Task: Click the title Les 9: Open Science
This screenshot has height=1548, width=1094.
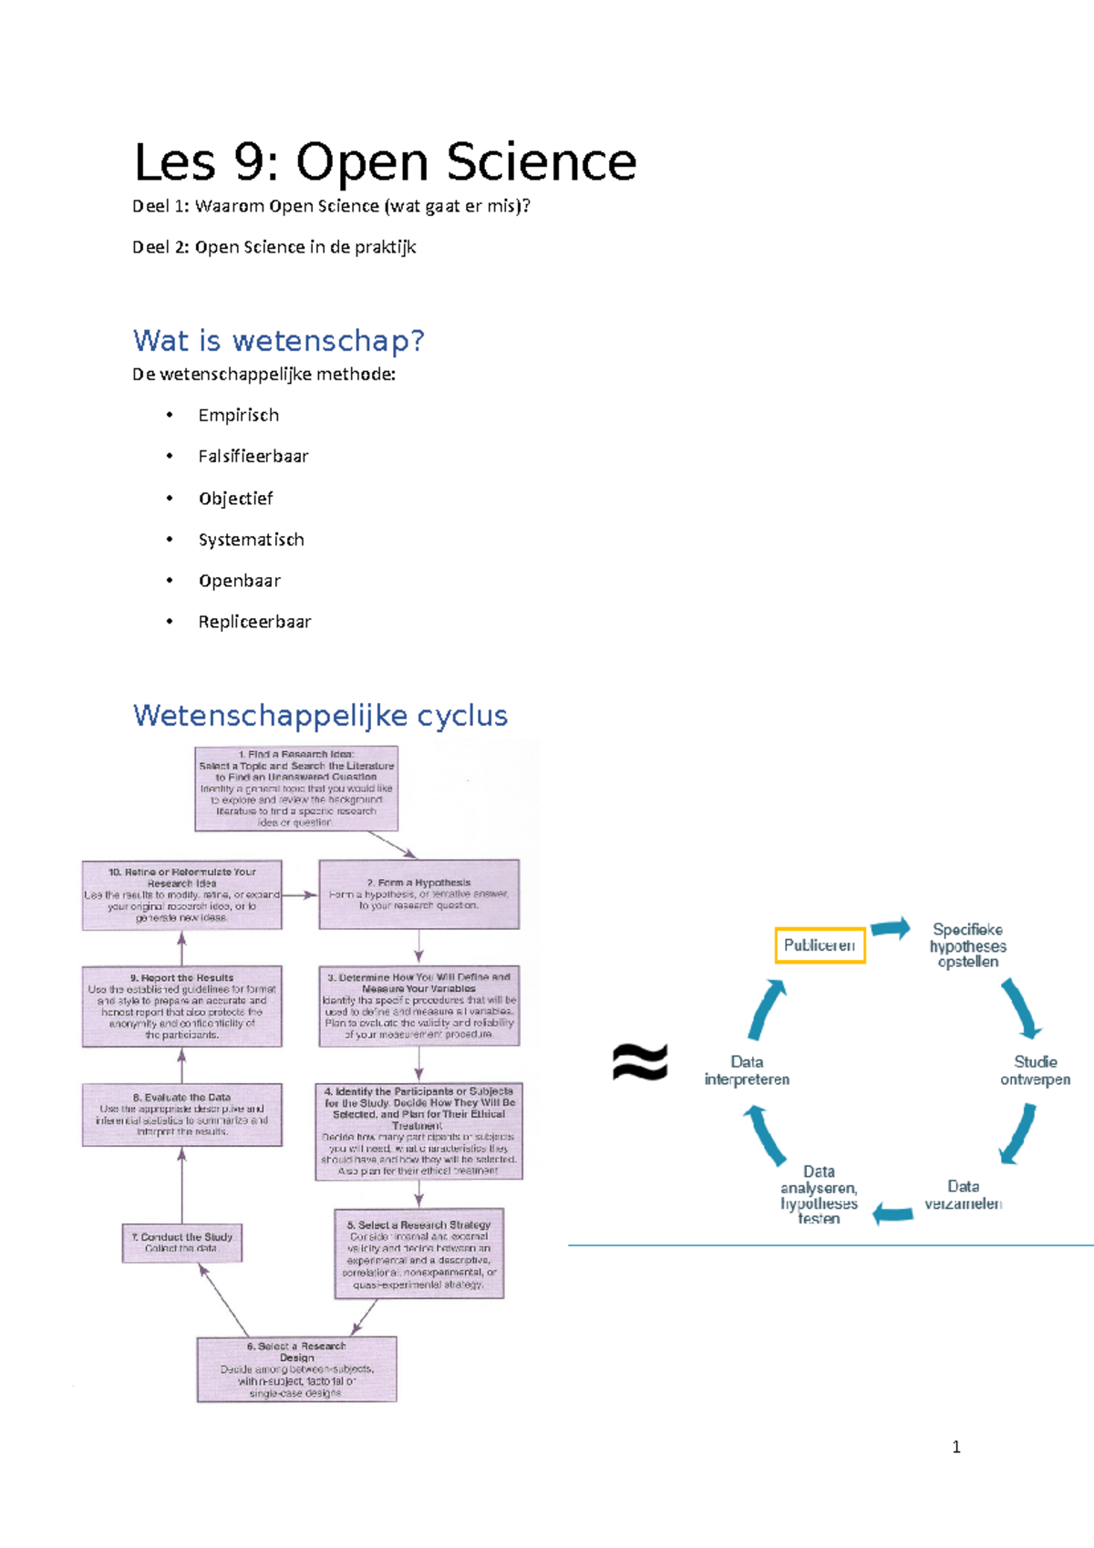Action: [x=384, y=162]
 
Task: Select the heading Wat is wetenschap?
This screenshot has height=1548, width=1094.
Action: [x=278, y=341]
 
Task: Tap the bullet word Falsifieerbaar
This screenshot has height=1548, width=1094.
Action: [x=253, y=456]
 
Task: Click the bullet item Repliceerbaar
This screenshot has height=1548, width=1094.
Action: [x=254, y=622]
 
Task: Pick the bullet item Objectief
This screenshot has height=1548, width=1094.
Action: [x=235, y=498]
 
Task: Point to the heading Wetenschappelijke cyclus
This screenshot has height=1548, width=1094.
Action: [x=320, y=716]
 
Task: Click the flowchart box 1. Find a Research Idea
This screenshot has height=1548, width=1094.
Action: [x=296, y=789]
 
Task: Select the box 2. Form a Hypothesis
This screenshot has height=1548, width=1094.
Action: [x=418, y=894]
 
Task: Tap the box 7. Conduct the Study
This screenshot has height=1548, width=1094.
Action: [x=182, y=1243]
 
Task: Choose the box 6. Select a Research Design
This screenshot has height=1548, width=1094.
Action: [x=296, y=1369]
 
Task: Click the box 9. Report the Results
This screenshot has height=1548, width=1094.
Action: [x=181, y=1006]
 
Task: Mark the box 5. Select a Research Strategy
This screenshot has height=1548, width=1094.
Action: [x=418, y=1254]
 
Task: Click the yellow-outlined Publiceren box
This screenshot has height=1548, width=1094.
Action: [x=820, y=945]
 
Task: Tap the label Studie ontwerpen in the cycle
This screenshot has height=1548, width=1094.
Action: [x=1035, y=1070]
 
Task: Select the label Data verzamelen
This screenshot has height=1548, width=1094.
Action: [x=963, y=1195]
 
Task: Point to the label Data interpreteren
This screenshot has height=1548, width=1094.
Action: [x=747, y=1070]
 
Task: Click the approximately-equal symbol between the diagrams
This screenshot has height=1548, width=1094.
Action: [x=640, y=1062]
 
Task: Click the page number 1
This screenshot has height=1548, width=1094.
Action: [x=955, y=1447]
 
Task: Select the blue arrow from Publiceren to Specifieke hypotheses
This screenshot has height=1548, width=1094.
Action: [x=890, y=929]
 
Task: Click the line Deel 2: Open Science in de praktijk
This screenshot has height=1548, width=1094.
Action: [x=273, y=247]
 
